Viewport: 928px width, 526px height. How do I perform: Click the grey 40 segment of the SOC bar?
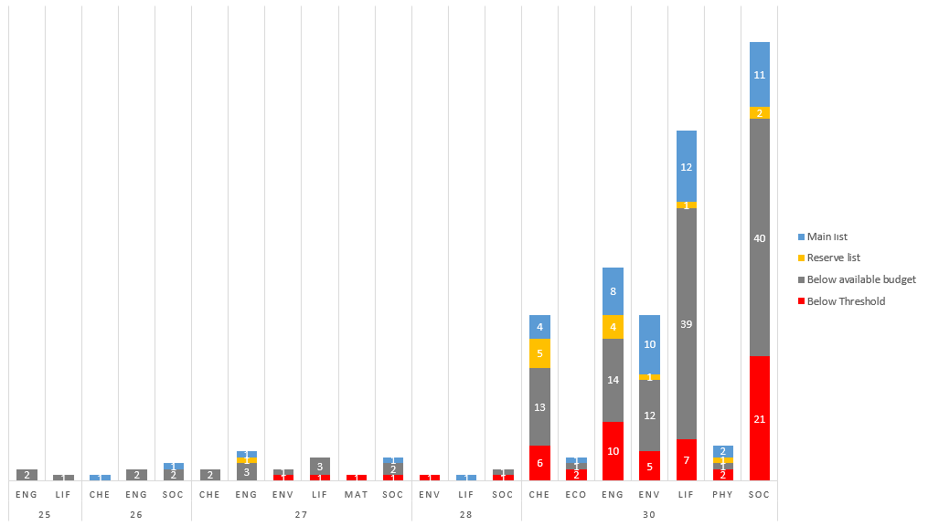coord(759,237)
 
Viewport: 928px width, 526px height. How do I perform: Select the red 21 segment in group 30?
coord(759,418)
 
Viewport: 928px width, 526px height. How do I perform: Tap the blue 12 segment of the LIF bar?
coord(686,166)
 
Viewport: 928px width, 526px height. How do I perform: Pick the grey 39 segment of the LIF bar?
coord(686,323)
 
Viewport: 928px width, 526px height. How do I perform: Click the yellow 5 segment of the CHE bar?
coord(539,353)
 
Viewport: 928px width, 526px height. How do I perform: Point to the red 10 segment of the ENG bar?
coord(613,451)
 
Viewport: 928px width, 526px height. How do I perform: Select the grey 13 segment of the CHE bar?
coord(539,406)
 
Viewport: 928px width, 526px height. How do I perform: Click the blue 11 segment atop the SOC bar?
coord(759,75)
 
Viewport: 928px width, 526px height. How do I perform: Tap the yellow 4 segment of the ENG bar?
coord(613,327)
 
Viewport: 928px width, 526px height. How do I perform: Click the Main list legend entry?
coord(827,237)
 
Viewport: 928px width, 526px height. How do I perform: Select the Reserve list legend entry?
coord(833,258)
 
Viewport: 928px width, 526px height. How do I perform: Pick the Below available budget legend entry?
coord(861,279)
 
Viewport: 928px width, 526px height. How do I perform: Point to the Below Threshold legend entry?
coord(846,301)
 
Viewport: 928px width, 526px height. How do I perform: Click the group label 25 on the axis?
coord(45,515)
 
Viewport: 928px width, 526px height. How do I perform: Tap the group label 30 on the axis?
coord(649,515)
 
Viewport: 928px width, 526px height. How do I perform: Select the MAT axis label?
coord(357,494)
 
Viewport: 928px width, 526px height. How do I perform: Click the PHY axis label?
coord(722,494)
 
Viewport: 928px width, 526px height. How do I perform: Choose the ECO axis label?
coord(576,494)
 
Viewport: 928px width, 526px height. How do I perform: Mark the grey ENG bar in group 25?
coord(27,475)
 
